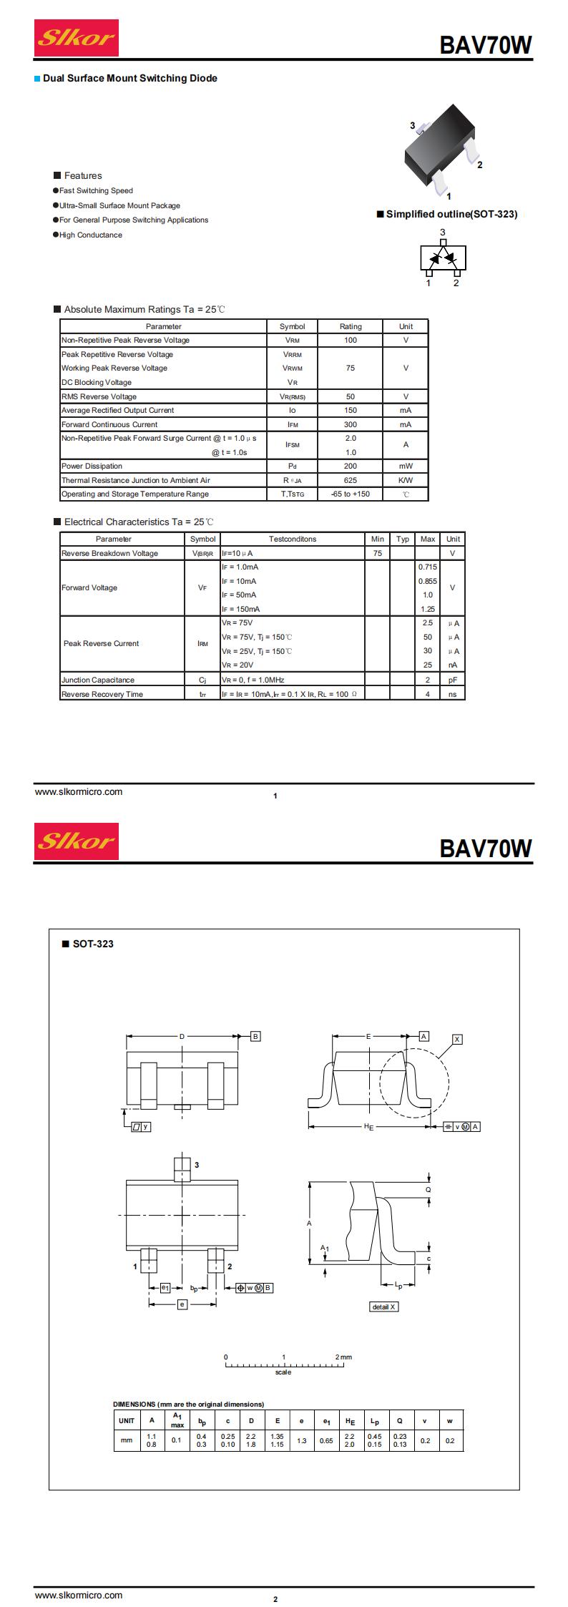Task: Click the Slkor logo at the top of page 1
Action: tap(77, 38)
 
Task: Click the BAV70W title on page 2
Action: tap(486, 849)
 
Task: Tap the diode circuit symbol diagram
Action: tap(443, 258)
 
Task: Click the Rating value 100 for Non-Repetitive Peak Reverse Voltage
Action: tap(350, 340)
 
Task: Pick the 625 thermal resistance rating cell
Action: tap(350, 480)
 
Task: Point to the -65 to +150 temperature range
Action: tap(350, 494)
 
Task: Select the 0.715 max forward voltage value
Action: tap(427, 567)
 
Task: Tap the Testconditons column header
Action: tap(292, 539)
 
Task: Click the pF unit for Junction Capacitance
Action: tap(452, 680)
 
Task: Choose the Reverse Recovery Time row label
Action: tap(102, 694)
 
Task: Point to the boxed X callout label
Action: tap(457, 1039)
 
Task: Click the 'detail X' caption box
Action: tap(384, 1306)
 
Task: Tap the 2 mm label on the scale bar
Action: tap(343, 1357)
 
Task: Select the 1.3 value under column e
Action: tap(301, 1440)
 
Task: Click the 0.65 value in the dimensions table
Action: tap(325, 1440)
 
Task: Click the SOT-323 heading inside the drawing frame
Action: tap(93, 944)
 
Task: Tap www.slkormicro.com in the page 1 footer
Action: tap(79, 791)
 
